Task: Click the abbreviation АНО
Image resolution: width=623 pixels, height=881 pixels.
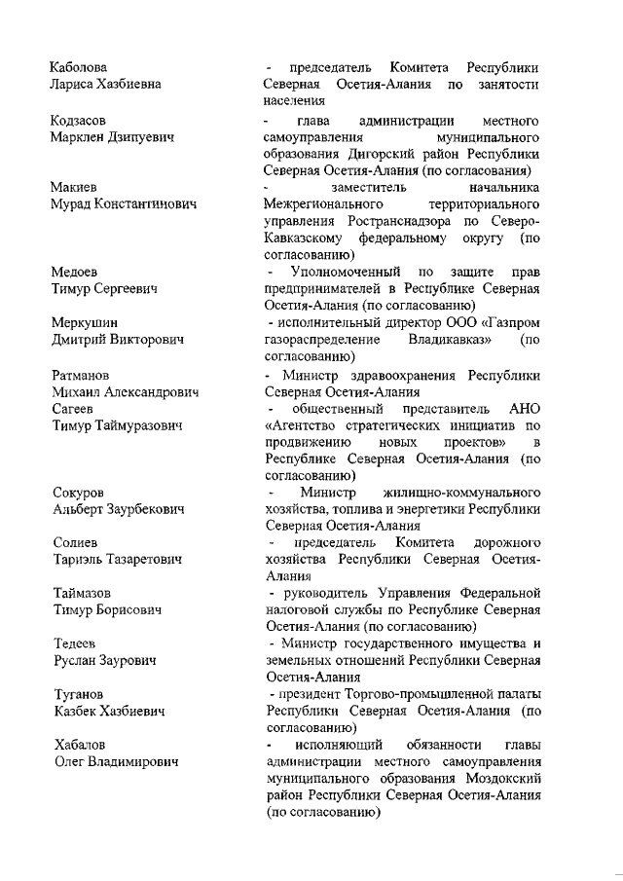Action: coord(524,409)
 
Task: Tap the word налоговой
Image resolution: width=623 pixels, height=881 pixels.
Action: coord(294,610)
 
